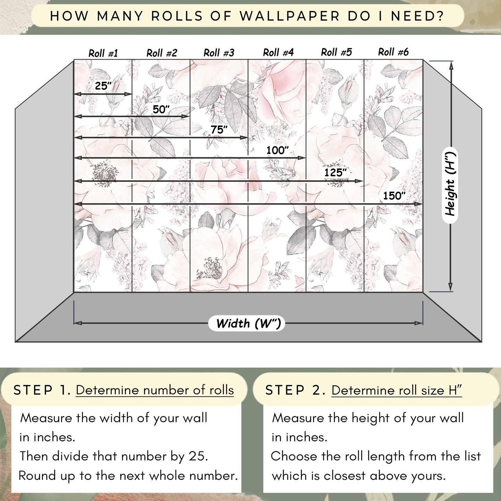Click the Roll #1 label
pos(103,53)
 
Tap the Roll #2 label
pos(162,53)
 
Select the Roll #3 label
pos(219,53)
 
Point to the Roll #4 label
pos(278,52)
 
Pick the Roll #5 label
pos(336,52)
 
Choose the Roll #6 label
pos(393,52)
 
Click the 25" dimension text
pos(103,86)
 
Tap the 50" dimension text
pos(161,109)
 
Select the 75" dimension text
pos(219,130)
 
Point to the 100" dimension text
pos(277,150)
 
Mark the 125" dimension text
pos(335,172)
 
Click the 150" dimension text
pos(394,196)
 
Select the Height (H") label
pos(450,185)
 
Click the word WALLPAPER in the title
pos(290,16)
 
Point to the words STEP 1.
pos(42,390)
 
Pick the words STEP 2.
pos(295,390)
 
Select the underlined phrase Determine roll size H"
pos(396,390)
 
